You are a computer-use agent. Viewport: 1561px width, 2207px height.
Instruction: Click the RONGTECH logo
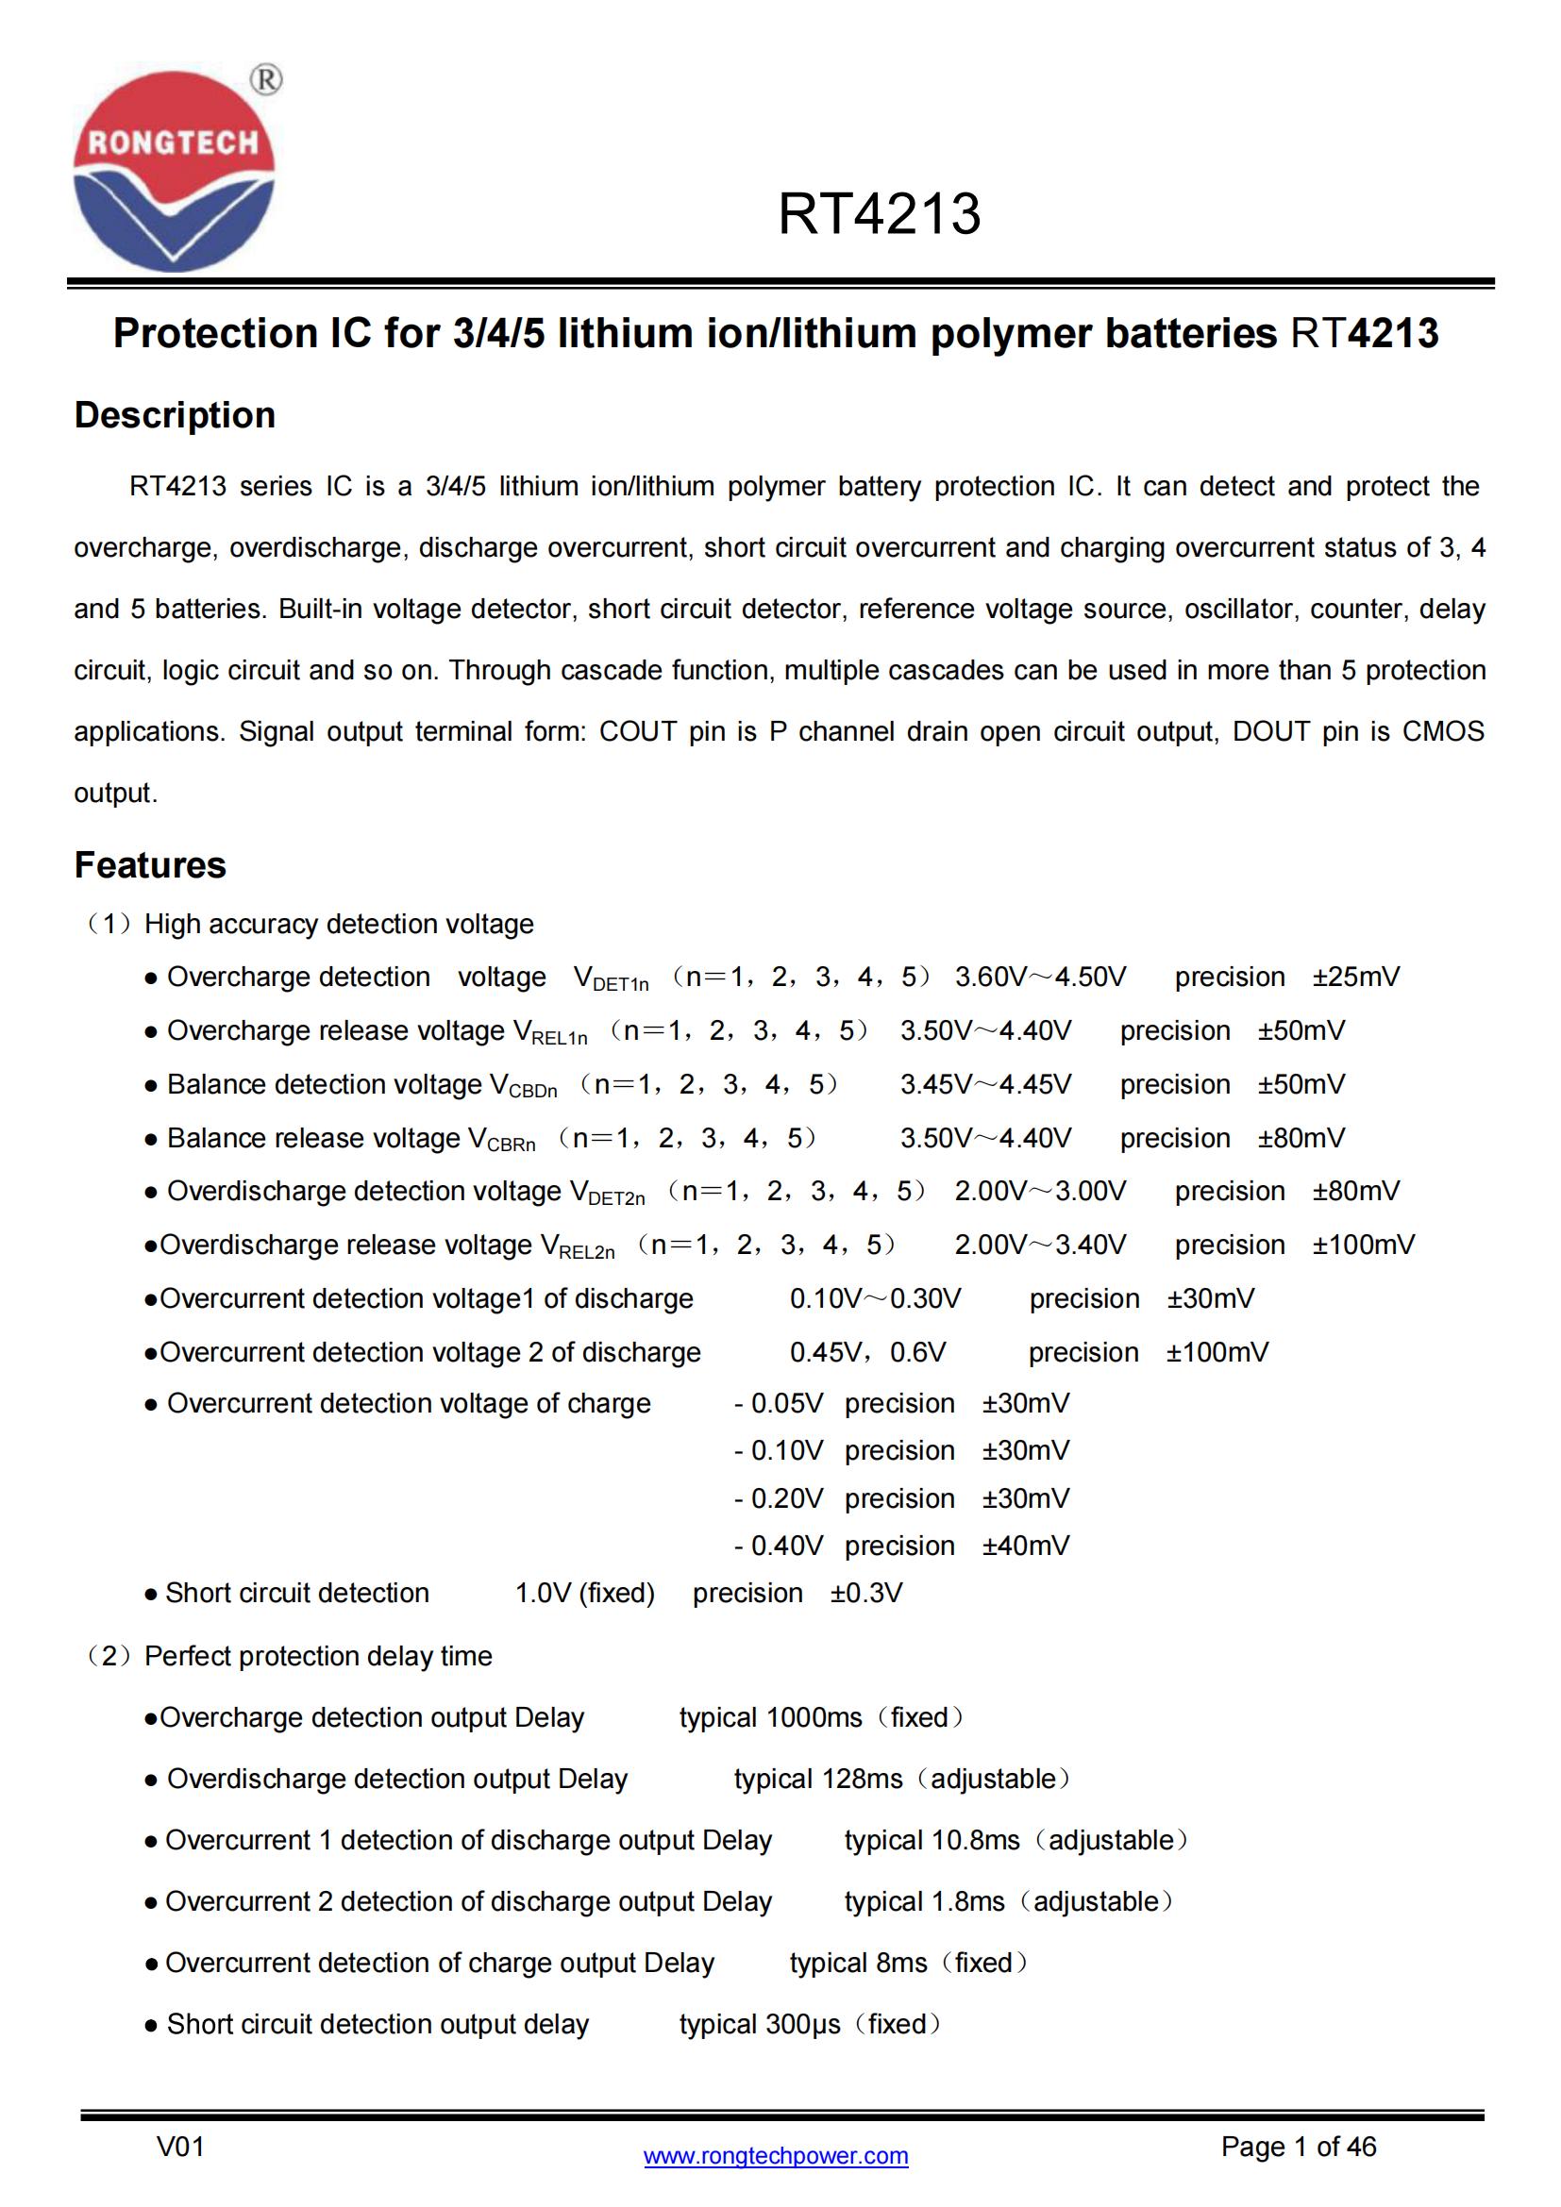pyautogui.click(x=174, y=171)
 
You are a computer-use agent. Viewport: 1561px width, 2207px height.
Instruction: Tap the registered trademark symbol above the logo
pyautogui.click(x=266, y=80)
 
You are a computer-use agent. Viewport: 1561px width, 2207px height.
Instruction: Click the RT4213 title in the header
pyautogui.click(x=879, y=213)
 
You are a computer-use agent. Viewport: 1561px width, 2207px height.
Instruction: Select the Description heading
pyautogui.click(x=175, y=415)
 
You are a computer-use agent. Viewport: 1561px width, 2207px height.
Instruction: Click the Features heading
pyautogui.click(x=150, y=865)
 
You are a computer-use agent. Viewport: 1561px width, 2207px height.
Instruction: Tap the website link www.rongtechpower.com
pyautogui.click(x=776, y=2155)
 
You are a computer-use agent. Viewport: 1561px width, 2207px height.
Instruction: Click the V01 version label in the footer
pyautogui.click(x=180, y=2147)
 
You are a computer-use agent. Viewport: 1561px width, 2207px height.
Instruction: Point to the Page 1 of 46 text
pyautogui.click(x=1298, y=2147)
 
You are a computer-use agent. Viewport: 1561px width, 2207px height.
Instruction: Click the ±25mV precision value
pyautogui.click(x=1356, y=977)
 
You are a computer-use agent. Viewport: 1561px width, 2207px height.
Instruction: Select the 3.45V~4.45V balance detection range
pyautogui.click(x=985, y=1084)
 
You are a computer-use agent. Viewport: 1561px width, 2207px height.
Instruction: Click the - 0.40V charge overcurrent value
pyautogui.click(x=779, y=1546)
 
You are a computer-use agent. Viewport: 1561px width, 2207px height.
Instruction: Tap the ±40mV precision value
pyautogui.click(x=1026, y=1546)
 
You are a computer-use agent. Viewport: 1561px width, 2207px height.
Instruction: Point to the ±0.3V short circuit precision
pyautogui.click(x=866, y=1593)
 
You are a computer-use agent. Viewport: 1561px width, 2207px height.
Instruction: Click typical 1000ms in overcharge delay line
pyautogui.click(x=771, y=1716)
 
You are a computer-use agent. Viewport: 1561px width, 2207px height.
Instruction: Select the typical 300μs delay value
pyautogui.click(x=760, y=2023)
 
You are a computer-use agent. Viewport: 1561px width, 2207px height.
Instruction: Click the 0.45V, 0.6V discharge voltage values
pyautogui.click(x=867, y=1352)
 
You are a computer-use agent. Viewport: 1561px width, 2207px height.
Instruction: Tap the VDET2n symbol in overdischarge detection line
pyautogui.click(x=608, y=1193)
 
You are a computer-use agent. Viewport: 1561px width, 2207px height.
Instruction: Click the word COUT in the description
pyautogui.click(x=637, y=731)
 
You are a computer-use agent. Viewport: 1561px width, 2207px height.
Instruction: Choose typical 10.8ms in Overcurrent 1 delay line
pyautogui.click(x=932, y=1840)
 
